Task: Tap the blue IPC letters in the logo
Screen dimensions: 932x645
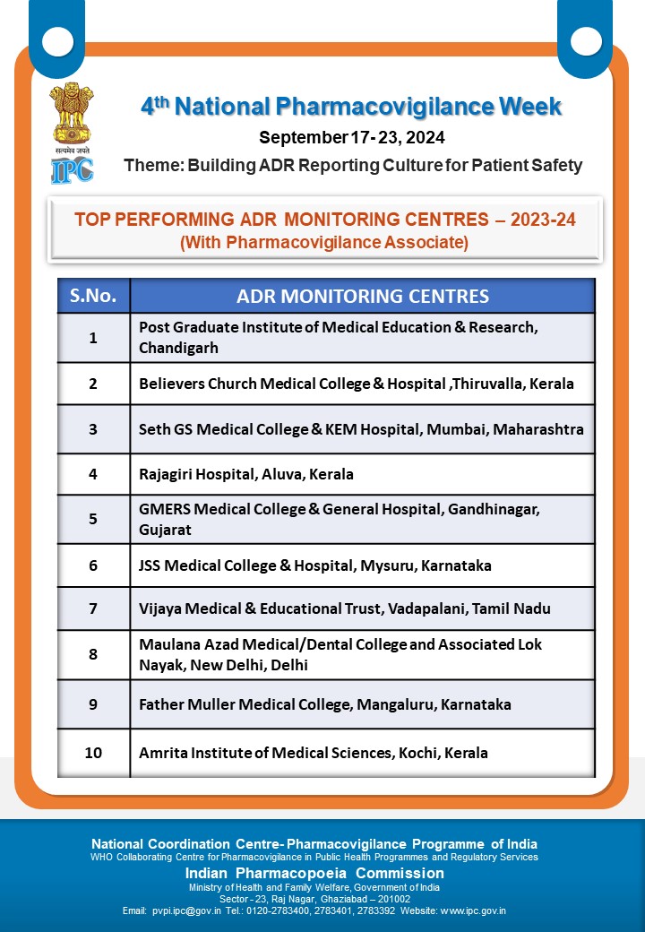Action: tap(72, 169)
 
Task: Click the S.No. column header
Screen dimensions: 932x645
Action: tap(93, 296)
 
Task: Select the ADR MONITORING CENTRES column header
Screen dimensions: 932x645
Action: tap(363, 296)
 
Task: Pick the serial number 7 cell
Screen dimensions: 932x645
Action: tap(93, 608)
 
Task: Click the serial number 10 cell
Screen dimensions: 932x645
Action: tap(93, 753)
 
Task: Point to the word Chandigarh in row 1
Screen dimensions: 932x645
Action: tap(178, 348)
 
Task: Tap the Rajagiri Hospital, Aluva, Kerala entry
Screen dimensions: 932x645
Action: tap(246, 474)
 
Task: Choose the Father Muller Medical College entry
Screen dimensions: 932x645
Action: tap(325, 704)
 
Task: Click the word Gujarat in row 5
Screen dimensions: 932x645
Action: tap(165, 530)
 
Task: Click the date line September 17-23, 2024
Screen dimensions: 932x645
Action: tap(352, 137)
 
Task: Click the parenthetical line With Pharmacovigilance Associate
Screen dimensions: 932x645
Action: tap(324, 242)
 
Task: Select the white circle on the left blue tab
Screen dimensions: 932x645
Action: tap(57, 40)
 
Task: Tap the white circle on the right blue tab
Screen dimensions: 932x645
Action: tap(587, 40)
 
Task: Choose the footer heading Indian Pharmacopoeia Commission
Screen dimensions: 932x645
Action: tap(314, 873)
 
